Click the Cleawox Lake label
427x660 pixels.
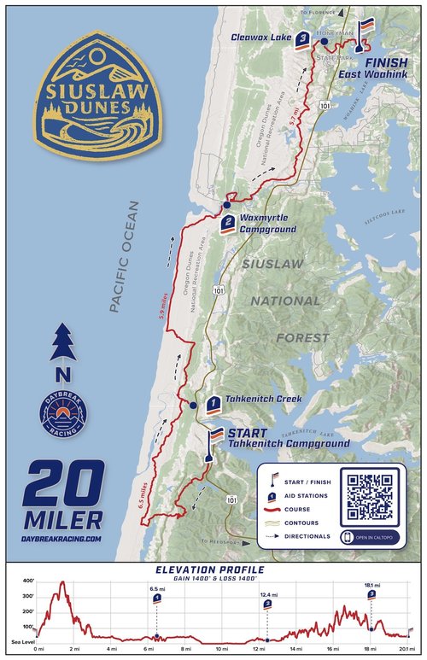(260, 38)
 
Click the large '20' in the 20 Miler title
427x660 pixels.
(63, 484)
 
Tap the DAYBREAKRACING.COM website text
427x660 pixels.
(64, 539)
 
